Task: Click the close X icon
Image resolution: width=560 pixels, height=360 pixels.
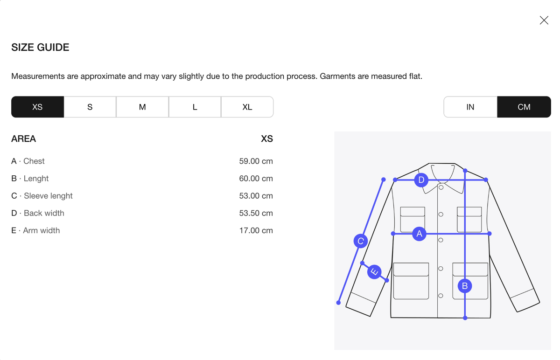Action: point(544,21)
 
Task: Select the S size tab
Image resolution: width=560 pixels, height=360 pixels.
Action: point(90,107)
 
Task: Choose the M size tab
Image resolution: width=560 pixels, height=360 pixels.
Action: point(142,107)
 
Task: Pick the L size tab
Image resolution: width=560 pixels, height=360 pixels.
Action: point(195,107)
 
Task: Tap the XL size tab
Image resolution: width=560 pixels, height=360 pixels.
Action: point(247,107)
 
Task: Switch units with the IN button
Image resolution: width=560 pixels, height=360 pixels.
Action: point(470,107)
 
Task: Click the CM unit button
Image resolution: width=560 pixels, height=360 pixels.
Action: point(524,107)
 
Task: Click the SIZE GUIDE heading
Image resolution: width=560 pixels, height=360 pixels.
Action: point(40,48)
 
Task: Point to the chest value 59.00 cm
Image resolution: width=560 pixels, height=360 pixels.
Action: point(256,161)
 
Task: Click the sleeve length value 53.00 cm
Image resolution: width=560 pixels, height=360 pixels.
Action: point(256,196)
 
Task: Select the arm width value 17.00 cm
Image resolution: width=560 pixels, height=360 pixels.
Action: point(256,230)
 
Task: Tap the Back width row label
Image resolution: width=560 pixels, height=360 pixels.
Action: point(38,213)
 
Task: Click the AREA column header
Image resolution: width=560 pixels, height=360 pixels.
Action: point(23,138)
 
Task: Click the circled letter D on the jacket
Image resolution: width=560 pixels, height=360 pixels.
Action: point(421,180)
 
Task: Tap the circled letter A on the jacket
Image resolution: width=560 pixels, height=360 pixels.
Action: point(419,234)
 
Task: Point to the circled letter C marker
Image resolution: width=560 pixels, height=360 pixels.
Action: point(360,241)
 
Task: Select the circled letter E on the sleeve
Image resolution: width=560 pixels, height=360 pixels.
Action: point(374,272)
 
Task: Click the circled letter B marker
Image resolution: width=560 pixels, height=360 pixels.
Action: point(465,286)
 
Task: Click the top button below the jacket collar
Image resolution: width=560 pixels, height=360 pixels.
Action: point(441,187)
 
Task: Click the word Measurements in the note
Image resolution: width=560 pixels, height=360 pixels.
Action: point(38,76)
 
